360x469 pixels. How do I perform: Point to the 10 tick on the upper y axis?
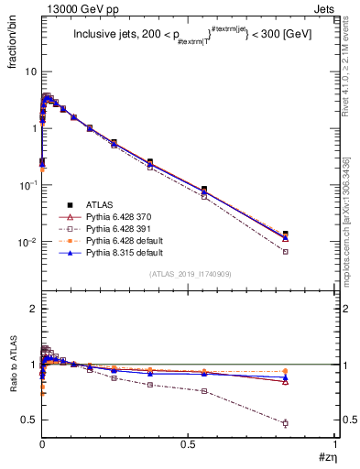(30, 71)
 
